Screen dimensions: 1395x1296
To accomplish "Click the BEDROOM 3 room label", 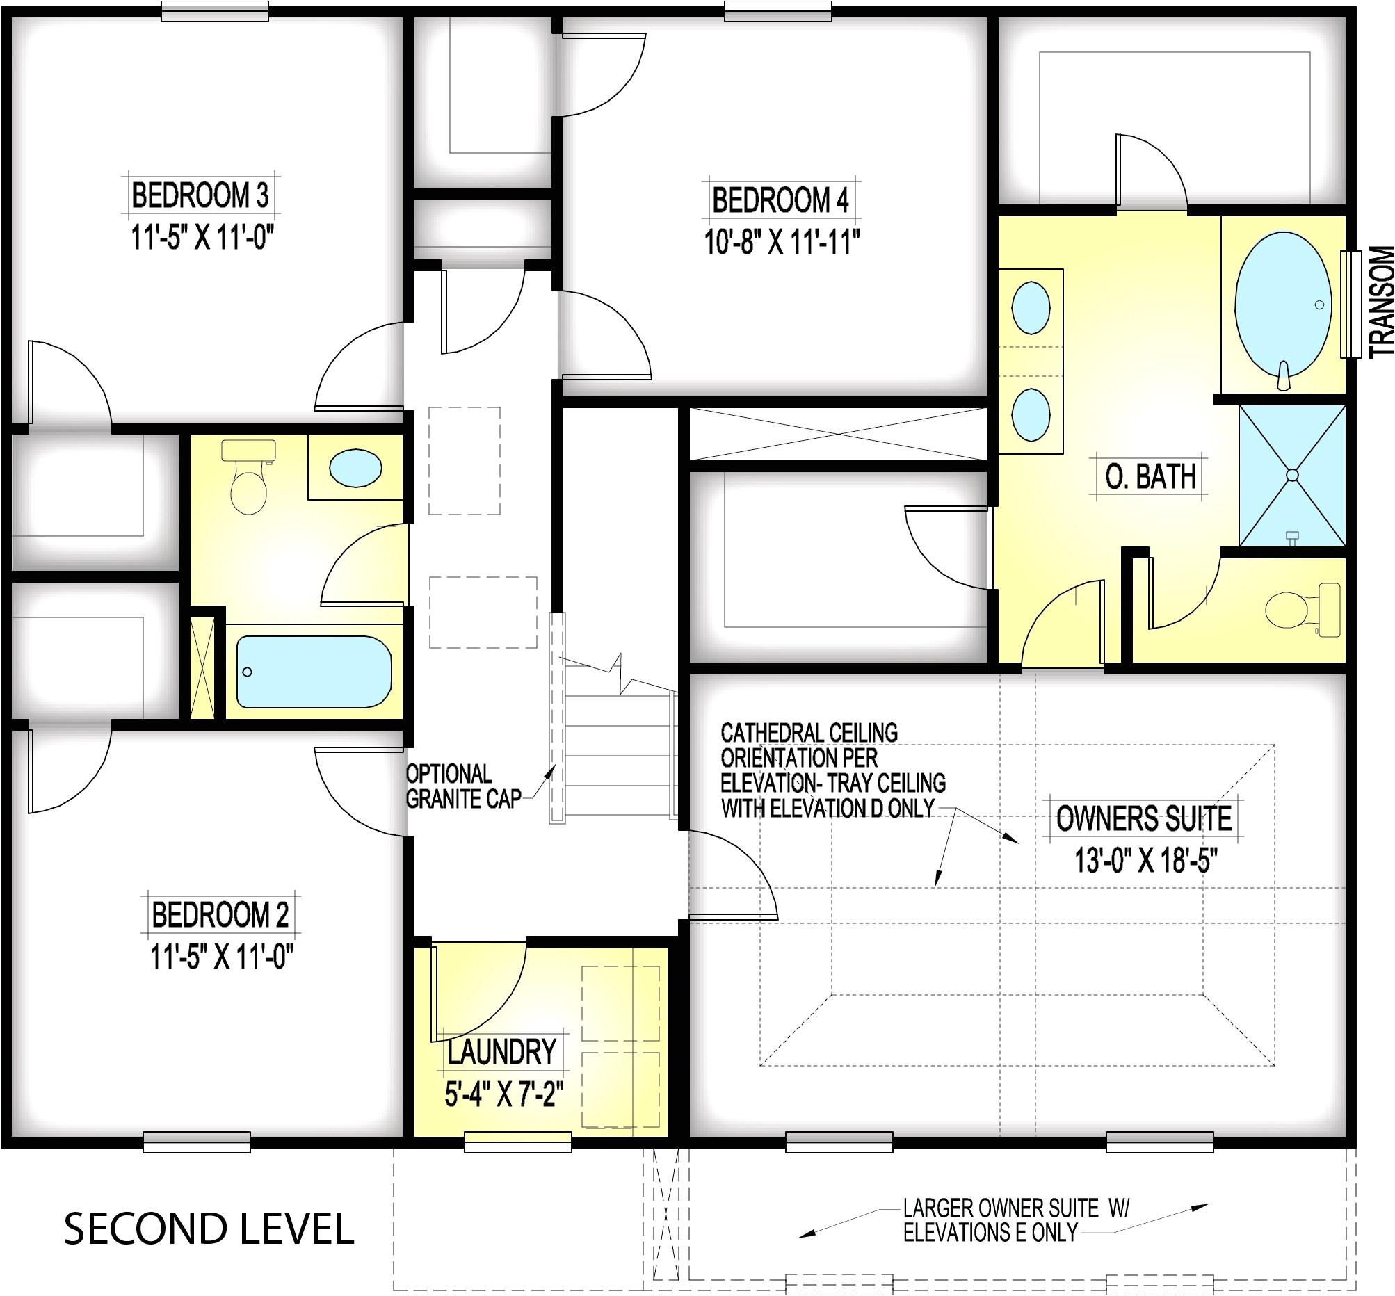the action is (200, 195).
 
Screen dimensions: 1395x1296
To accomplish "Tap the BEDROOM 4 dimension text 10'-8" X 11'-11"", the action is (782, 243).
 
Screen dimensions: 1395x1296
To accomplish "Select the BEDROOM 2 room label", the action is (220, 914).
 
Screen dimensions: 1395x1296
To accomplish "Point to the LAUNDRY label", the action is (502, 1052).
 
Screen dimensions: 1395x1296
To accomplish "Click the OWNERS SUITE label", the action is (1144, 818).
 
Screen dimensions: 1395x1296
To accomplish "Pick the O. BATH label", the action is (1151, 477).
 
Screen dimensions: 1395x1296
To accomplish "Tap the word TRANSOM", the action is (1381, 302).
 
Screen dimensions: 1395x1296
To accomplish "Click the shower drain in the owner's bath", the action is (1293, 475).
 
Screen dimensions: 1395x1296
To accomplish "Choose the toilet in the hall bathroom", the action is (249, 477).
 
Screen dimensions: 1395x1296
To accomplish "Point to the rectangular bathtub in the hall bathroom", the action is (314, 672).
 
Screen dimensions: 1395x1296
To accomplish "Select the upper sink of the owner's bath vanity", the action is (1031, 308).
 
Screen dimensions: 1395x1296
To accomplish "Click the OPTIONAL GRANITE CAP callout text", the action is (464, 786).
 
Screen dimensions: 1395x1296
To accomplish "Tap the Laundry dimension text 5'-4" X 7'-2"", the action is (504, 1094).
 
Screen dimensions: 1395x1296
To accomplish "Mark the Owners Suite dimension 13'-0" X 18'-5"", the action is (1146, 861).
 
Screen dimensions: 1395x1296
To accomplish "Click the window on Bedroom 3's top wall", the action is (215, 11).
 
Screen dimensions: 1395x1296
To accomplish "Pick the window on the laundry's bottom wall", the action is (518, 1142).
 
